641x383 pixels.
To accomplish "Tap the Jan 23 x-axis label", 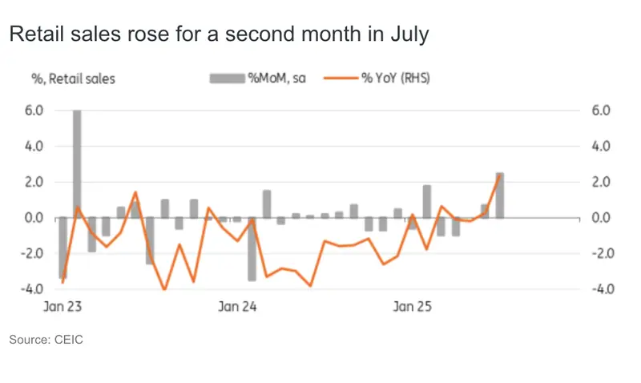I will (61, 306).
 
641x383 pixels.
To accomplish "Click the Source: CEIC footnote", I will (46, 341).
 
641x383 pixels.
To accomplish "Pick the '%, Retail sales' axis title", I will (73, 79).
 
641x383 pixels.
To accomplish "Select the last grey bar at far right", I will (500, 195).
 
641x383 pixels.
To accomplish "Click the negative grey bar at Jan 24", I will (252, 248).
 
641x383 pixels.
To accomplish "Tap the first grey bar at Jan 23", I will (62, 247).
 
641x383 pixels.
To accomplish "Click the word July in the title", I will (409, 35).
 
